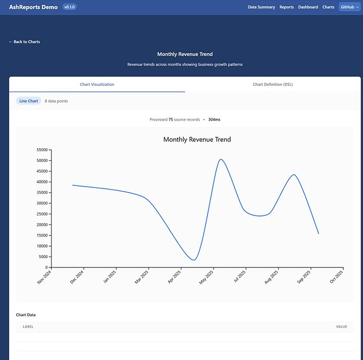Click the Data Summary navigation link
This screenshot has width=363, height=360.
(x=261, y=7)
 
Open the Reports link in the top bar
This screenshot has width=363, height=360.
(x=286, y=7)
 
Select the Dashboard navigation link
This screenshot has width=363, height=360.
(x=308, y=7)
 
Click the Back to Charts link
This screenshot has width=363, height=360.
(x=25, y=41)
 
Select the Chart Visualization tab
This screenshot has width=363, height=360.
(x=97, y=84)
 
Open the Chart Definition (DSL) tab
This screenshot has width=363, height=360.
(x=273, y=84)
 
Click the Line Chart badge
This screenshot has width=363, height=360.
(x=29, y=101)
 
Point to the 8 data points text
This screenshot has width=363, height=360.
(x=56, y=101)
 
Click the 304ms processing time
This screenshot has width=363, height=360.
(x=214, y=119)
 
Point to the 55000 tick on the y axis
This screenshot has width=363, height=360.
(x=42, y=150)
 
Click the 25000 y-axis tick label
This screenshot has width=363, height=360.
(x=42, y=214)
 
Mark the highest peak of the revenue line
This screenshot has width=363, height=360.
(x=221, y=160)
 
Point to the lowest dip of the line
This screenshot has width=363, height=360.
(x=193, y=260)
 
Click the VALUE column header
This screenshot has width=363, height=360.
(x=341, y=326)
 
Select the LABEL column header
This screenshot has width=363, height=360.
(x=28, y=326)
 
